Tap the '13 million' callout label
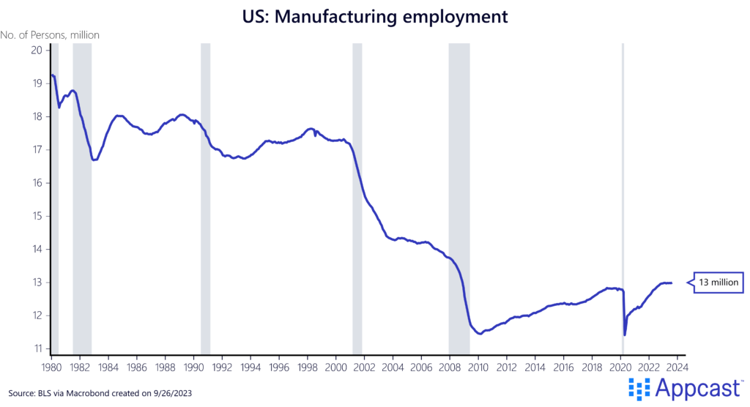coord(719,283)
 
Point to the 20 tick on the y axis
coord(36,50)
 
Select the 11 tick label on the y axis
coord(36,348)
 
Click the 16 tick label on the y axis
coord(36,183)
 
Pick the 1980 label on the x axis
coord(51,367)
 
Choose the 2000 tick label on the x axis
coord(335,367)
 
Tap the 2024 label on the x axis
coord(677,367)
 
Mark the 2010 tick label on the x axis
coord(478,367)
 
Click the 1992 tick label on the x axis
coord(221,367)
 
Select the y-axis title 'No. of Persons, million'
coord(51,34)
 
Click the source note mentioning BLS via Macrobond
coord(105,391)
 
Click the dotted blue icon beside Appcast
coord(639,389)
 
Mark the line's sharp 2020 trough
coord(625,335)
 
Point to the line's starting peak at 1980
coord(52,75)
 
